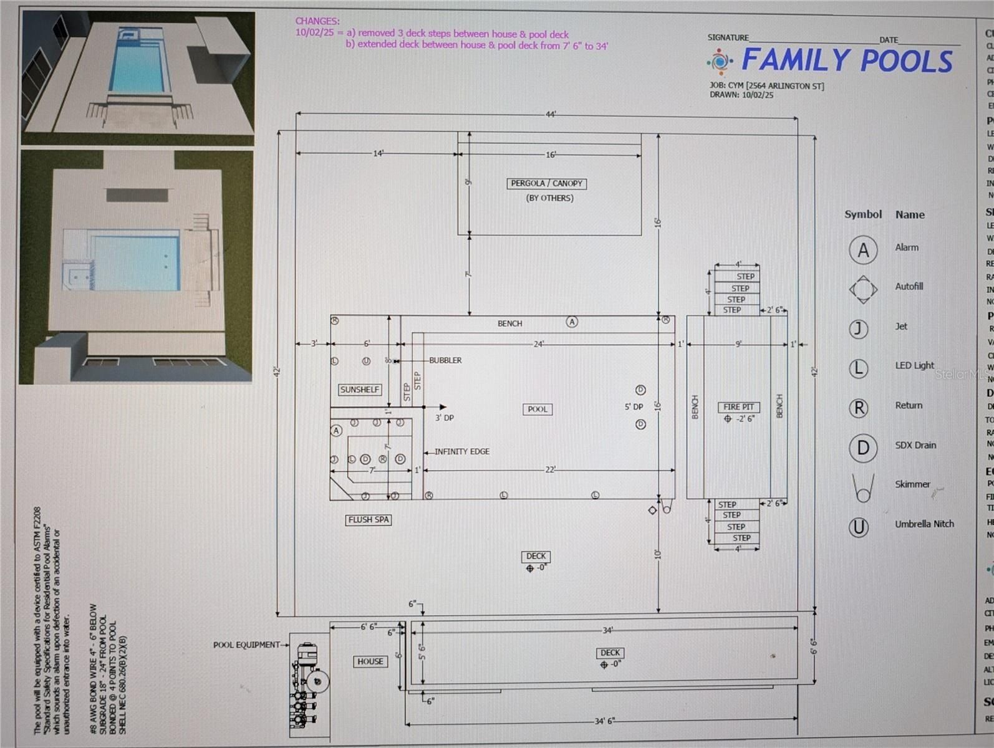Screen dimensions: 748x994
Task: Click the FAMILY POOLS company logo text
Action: tap(847, 60)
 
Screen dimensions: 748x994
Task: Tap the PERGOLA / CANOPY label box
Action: tap(547, 183)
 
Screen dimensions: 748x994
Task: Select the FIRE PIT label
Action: tap(738, 407)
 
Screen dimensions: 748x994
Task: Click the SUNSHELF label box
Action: tap(360, 390)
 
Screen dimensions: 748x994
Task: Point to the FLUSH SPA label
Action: tap(369, 519)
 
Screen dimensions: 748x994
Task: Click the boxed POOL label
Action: tap(538, 410)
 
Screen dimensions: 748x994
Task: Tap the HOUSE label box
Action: tap(370, 661)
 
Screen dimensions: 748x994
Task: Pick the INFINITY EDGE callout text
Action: tap(461, 451)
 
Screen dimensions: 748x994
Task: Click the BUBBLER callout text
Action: tap(445, 360)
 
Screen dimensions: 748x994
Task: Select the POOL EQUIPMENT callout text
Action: tap(247, 645)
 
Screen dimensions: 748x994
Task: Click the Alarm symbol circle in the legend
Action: tap(863, 250)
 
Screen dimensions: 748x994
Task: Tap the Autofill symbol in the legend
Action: tap(863, 289)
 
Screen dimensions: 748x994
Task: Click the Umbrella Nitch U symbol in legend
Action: tap(859, 527)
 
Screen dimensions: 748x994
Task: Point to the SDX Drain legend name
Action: tap(915, 445)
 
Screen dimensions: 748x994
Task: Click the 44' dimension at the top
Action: tap(551, 114)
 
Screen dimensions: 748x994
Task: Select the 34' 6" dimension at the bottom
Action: tap(604, 721)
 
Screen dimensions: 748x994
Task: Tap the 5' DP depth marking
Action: tap(634, 406)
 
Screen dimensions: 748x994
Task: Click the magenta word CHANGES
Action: tap(317, 21)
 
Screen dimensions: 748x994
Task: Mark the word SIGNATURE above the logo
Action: tap(728, 37)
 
